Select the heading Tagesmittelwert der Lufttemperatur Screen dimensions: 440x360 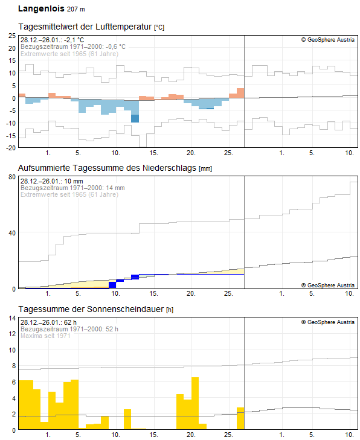pos(85,27)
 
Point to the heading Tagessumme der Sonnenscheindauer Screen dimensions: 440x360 pos(91,309)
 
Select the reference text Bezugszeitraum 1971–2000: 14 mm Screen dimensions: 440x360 pos(72,188)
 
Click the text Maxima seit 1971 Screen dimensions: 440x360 pos(45,336)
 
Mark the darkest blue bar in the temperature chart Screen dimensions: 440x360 pos(135,118)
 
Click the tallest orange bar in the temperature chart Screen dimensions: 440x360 pos(240,93)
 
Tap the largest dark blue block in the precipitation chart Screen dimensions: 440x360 pos(112,285)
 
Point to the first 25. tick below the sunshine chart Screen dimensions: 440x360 pos(228,435)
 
